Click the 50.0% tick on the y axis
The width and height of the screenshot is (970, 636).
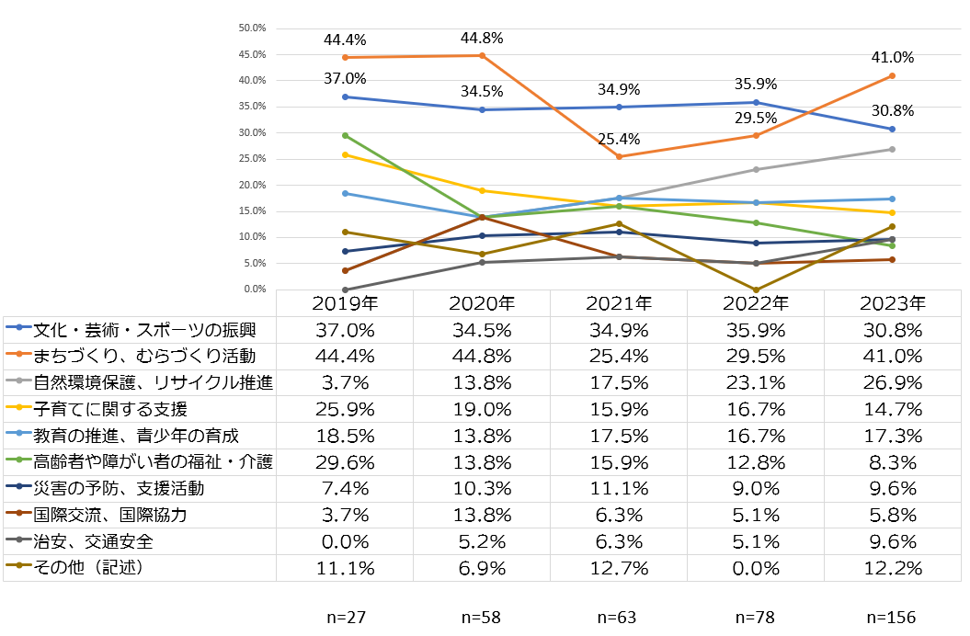(x=252, y=28)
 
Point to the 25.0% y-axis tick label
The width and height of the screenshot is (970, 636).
(x=252, y=159)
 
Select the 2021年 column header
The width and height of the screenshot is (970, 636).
(x=618, y=303)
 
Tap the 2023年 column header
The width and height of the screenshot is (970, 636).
(x=892, y=303)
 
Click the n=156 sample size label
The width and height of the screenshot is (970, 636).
(x=892, y=618)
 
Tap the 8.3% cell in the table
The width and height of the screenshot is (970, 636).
(x=892, y=461)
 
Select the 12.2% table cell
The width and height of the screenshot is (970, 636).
(x=892, y=569)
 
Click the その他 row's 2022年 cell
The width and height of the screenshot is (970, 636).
(x=755, y=569)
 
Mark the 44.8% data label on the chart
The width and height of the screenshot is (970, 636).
(x=482, y=39)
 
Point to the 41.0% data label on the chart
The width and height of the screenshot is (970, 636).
(x=892, y=57)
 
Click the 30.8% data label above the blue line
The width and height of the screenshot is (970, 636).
(x=892, y=110)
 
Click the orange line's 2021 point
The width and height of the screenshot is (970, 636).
(x=619, y=157)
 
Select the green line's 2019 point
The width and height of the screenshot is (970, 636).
(x=345, y=135)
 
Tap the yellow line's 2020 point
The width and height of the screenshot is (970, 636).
(x=482, y=190)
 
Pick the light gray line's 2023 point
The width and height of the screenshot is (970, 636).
(x=892, y=149)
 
